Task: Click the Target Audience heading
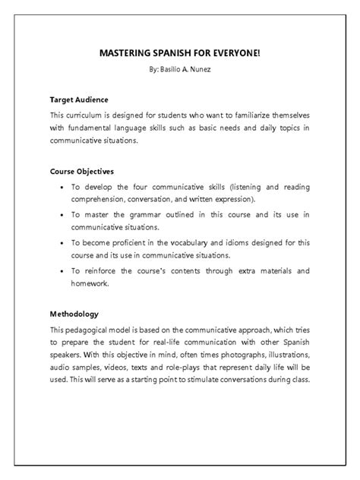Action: (79, 99)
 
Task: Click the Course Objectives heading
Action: (82, 171)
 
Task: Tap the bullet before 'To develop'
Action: (61, 187)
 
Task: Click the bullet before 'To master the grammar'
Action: (61, 215)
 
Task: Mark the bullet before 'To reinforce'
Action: (61, 271)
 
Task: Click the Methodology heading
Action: (74, 313)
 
